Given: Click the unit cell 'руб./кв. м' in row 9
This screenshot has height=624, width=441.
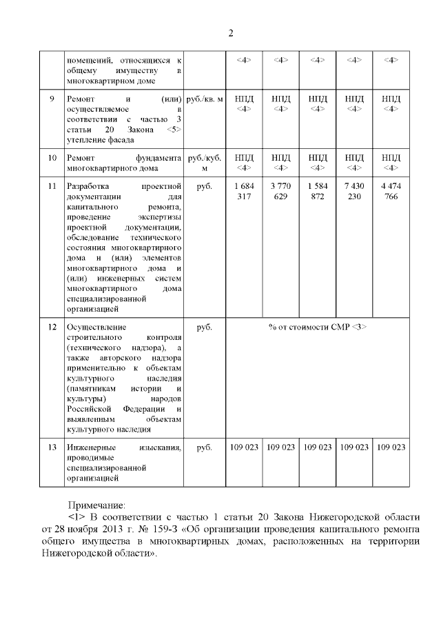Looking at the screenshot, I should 205,99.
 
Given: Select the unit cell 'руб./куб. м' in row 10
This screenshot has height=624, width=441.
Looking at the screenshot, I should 205,163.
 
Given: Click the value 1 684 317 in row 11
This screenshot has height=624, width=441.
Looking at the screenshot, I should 244,192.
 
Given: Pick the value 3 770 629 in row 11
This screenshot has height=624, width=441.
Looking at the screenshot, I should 280,192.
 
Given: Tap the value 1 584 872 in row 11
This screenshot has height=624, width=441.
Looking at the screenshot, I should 317,192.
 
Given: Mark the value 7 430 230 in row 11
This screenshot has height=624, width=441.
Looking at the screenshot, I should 353,192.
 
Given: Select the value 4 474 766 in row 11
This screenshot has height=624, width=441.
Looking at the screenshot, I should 391,192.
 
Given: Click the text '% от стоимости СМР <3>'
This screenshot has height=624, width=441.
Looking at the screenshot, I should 318,327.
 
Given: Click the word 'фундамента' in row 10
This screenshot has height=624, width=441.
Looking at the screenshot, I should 158,158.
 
